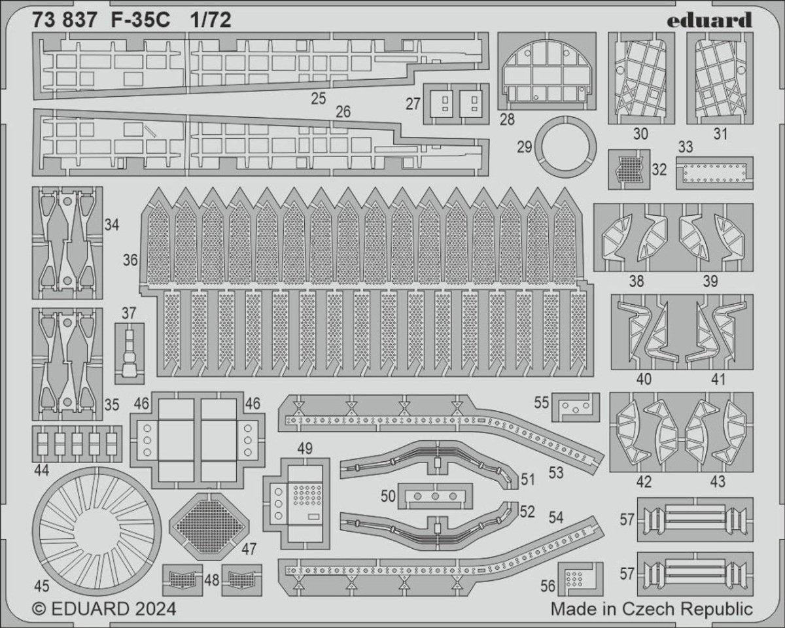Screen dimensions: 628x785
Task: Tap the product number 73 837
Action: (63, 21)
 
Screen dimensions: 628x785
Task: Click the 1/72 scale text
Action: (211, 21)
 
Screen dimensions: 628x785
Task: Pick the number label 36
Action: (130, 260)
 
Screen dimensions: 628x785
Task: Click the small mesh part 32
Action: (628, 169)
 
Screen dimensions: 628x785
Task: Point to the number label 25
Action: (319, 99)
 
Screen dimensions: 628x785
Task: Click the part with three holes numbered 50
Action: (435, 497)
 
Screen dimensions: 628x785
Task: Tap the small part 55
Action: (576, 408)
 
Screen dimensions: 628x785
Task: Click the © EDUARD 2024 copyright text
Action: (104, 609)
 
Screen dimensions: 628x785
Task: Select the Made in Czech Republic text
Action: (651, 609)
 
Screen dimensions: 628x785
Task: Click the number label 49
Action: (304, 449)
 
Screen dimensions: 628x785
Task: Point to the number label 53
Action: (556, 472)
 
